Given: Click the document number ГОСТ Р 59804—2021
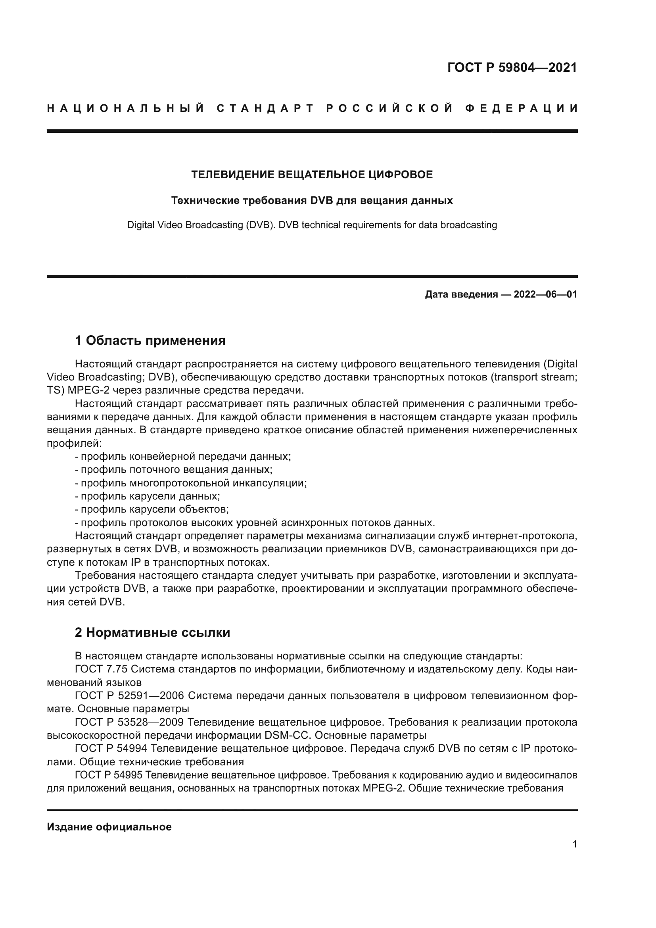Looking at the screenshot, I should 512,67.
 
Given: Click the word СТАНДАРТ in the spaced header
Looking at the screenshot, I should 265,108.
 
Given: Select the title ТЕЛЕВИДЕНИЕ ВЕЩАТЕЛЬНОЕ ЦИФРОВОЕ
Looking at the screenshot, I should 312,175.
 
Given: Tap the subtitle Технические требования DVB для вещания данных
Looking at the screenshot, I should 312,200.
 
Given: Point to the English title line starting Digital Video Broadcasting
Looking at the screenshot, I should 312,225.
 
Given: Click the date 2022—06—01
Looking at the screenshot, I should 545,295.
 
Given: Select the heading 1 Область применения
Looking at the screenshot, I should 150,341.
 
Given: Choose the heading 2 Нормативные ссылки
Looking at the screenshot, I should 152,632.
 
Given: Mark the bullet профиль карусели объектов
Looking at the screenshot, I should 154,509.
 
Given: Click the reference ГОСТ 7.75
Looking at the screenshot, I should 102,669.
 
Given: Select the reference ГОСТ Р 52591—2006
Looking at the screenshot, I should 129,696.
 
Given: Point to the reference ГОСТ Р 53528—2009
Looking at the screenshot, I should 129,722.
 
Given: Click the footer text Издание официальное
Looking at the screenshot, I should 109,827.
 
